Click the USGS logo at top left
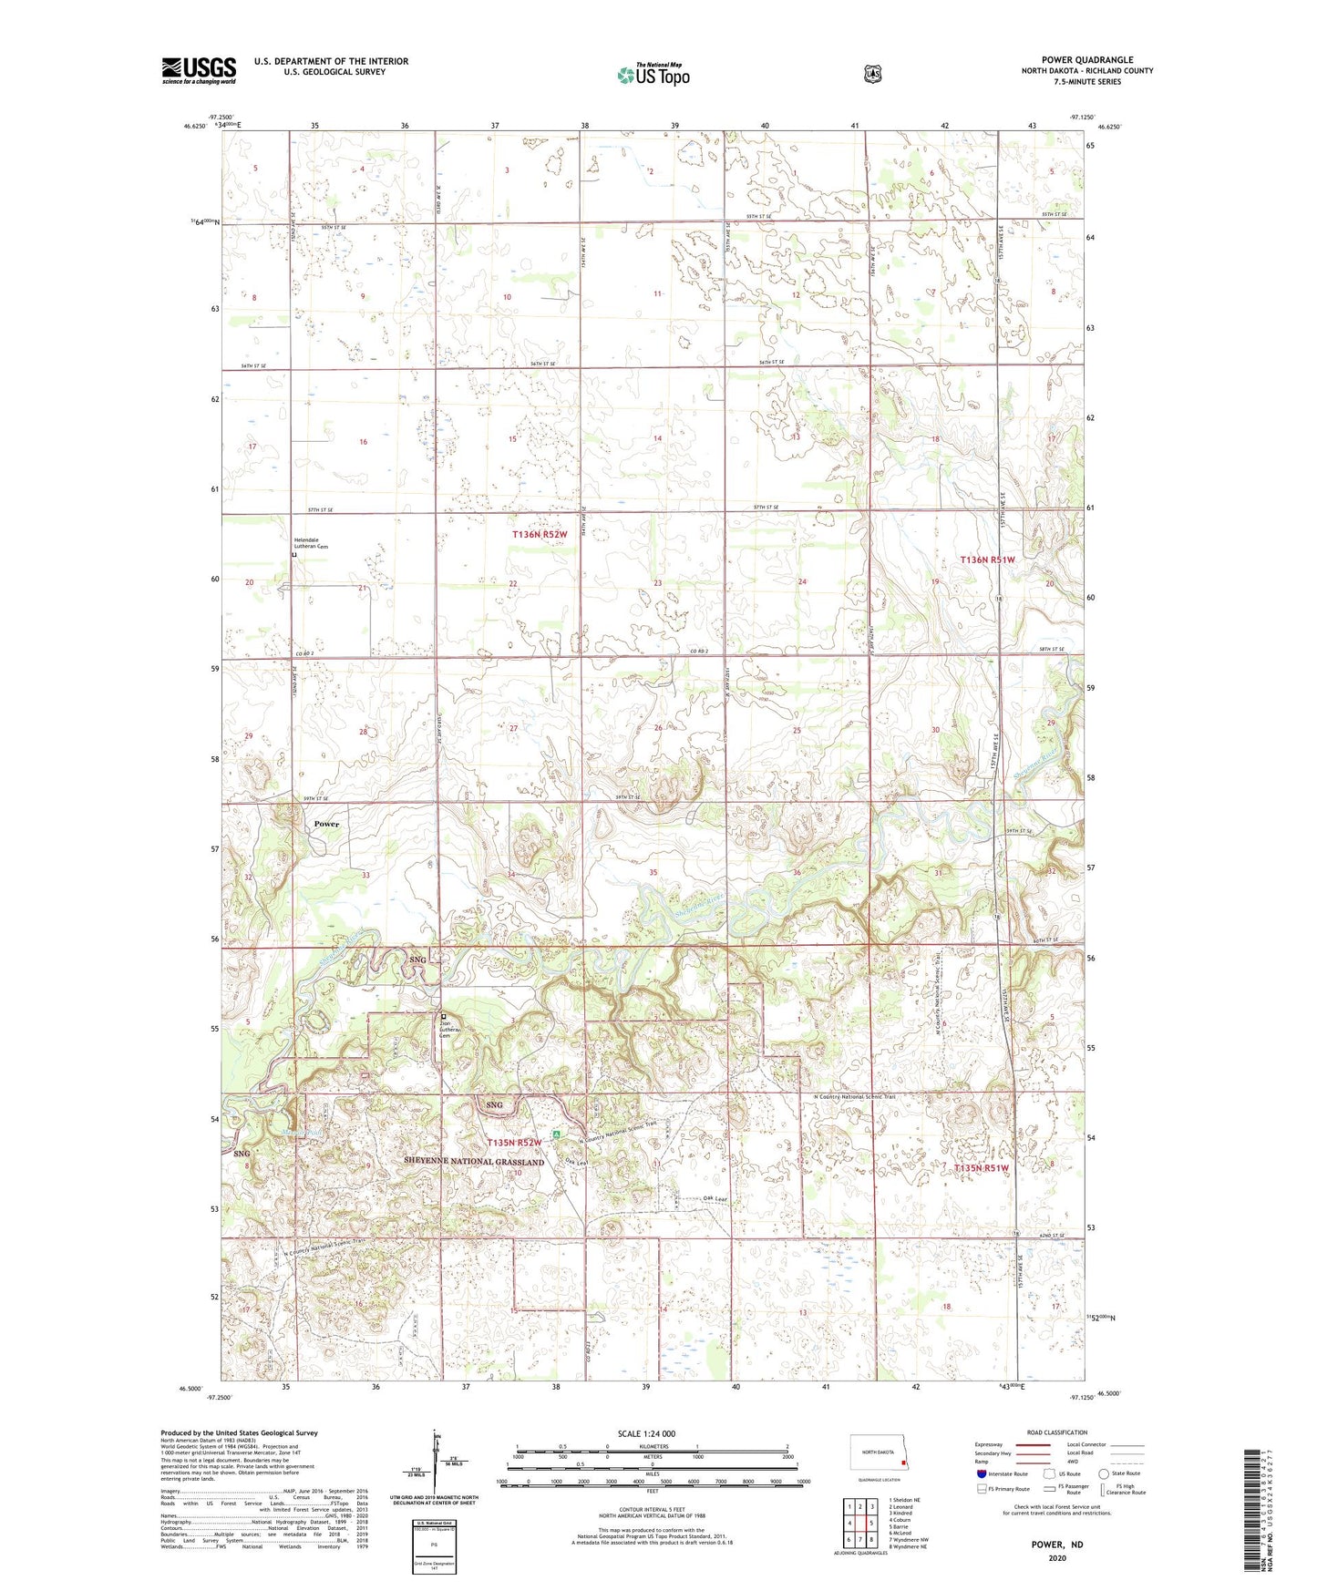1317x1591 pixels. pyautogui.click(x=199, y=70)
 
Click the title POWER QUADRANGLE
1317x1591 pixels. pyautogui.click(x=1087, y=59)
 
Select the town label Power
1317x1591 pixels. pyautogui.click(x=326, y=824)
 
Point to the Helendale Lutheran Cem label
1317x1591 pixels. pyautogui.click(x=310, y=543)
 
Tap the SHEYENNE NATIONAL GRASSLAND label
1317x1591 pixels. pyautogui.click(x=474, y=1162)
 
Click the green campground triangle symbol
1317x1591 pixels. pyautogui.click(x=557, y=1135)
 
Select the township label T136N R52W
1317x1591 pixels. pyautogui.click(x=540, y=535)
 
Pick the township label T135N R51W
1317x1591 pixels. pyautogui.click(x=982, y=1168)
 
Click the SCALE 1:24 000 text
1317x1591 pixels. pyautogui.click(x=646, y=1433)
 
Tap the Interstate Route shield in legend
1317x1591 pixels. pyautogui.click(x=981, y=1473)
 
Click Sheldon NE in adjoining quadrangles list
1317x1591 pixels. pyautogui.click(x=906, y=1500)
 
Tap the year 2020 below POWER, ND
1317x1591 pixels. pyautogui.click(x=1057, y=1557)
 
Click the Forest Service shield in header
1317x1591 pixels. pyautogui.click(x=872, y=74)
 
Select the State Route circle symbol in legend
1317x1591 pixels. pyautogui.click(x=1104, y=1473)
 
